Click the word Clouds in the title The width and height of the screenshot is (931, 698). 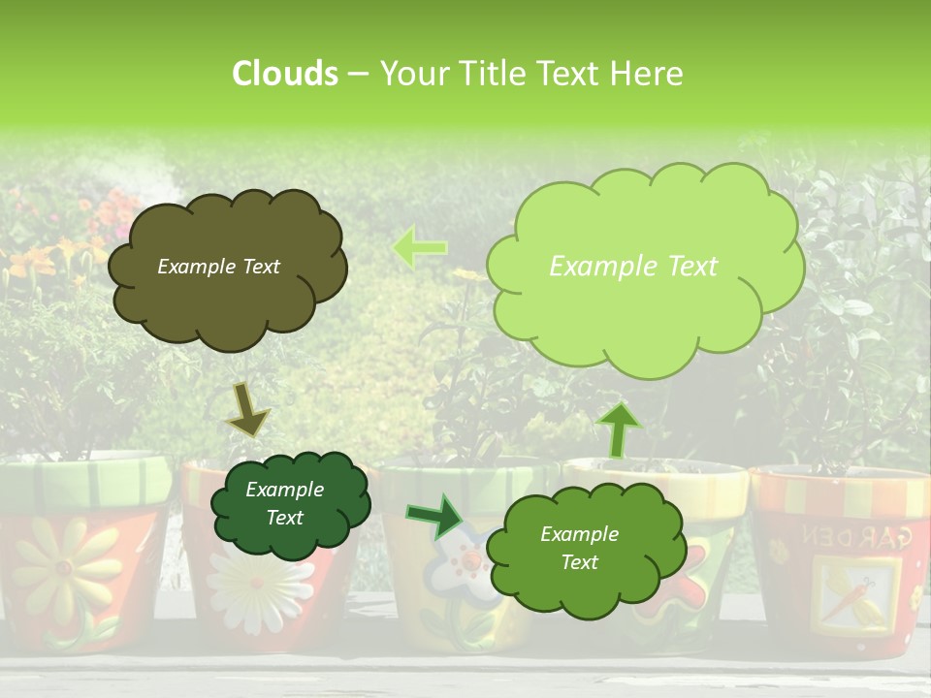(x=285, y=74)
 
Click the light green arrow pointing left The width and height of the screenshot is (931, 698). (x=420, y=247)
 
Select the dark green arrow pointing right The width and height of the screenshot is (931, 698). (x=434, y=516)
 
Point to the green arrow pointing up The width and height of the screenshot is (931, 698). (x=619, y=428)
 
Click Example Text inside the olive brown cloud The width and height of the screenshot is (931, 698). (x=218, y=267)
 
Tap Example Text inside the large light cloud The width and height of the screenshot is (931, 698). (x=633, y=267)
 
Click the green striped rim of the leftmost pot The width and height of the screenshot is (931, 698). (x=87, y=478)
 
